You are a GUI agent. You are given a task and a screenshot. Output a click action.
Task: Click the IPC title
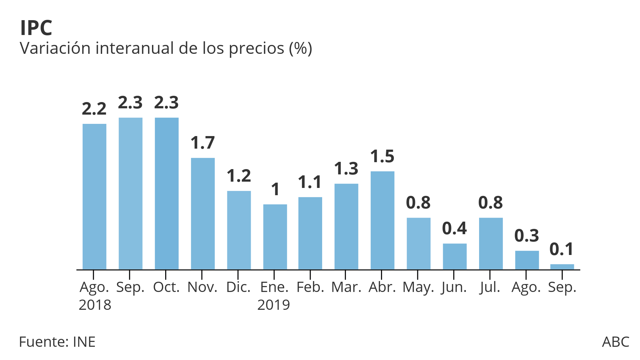(36, 28)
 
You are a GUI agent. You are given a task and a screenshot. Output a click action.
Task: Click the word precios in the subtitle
(256, 49)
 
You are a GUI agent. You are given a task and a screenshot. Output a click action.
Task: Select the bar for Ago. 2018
(94, 197)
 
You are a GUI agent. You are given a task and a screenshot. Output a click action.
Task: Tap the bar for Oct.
(167, 194)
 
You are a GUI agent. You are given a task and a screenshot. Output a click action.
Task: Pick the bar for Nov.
(203, 214)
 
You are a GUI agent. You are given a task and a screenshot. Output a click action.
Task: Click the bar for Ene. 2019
(275, 237)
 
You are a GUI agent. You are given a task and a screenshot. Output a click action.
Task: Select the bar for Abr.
(382, 220)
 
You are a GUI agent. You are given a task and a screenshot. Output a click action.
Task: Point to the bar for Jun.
(455, 257)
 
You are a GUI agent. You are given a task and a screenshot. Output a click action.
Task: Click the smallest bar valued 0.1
(562, 267)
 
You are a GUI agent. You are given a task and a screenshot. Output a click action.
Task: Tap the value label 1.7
(203, 143)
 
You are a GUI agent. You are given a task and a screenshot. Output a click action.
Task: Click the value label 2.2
(94, 109)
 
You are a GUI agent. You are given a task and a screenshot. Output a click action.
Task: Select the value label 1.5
(382, 157)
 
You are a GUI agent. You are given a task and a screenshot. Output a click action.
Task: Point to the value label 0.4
(455, 229)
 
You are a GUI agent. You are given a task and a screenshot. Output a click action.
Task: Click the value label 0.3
(527, 236)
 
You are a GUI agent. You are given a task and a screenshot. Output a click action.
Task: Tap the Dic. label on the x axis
(238, 287)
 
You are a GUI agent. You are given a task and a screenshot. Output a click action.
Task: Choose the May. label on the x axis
(418, 288)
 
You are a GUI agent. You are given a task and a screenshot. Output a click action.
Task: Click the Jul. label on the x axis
(490, 288)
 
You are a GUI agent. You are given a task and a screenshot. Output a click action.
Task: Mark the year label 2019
(274, 305)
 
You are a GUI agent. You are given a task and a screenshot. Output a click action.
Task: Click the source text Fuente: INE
(57, 342)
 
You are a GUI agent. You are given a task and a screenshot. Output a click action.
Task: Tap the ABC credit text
(616, 342)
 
